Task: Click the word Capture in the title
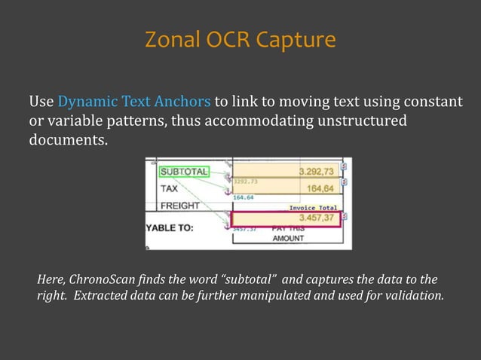click(295, 40)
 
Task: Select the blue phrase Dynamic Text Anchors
click(135, 102)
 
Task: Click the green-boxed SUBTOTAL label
click(182, 172)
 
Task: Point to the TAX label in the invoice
click(170, 189)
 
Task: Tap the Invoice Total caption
click(313, 208)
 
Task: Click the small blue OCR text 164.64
click(244, 197)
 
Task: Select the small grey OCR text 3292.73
click(246, 182)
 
